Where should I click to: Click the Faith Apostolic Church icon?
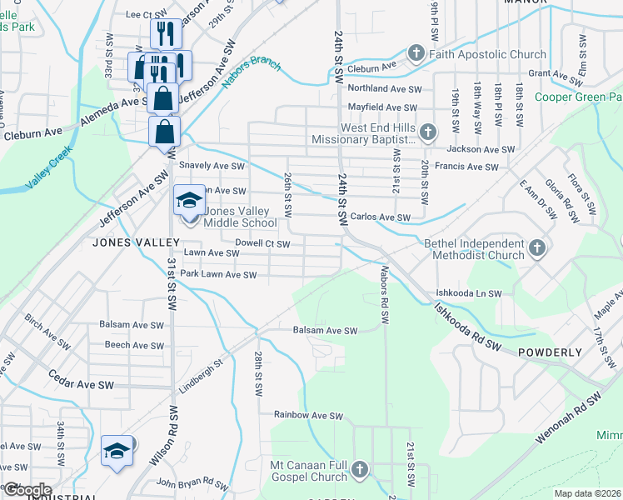416,54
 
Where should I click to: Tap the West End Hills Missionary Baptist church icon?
427,132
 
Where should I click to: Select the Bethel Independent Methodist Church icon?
537,247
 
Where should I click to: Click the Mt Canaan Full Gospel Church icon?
360,470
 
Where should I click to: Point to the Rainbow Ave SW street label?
309,415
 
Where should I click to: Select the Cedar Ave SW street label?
81,380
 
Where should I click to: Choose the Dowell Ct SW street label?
262,244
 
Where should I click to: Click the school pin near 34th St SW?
117,451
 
